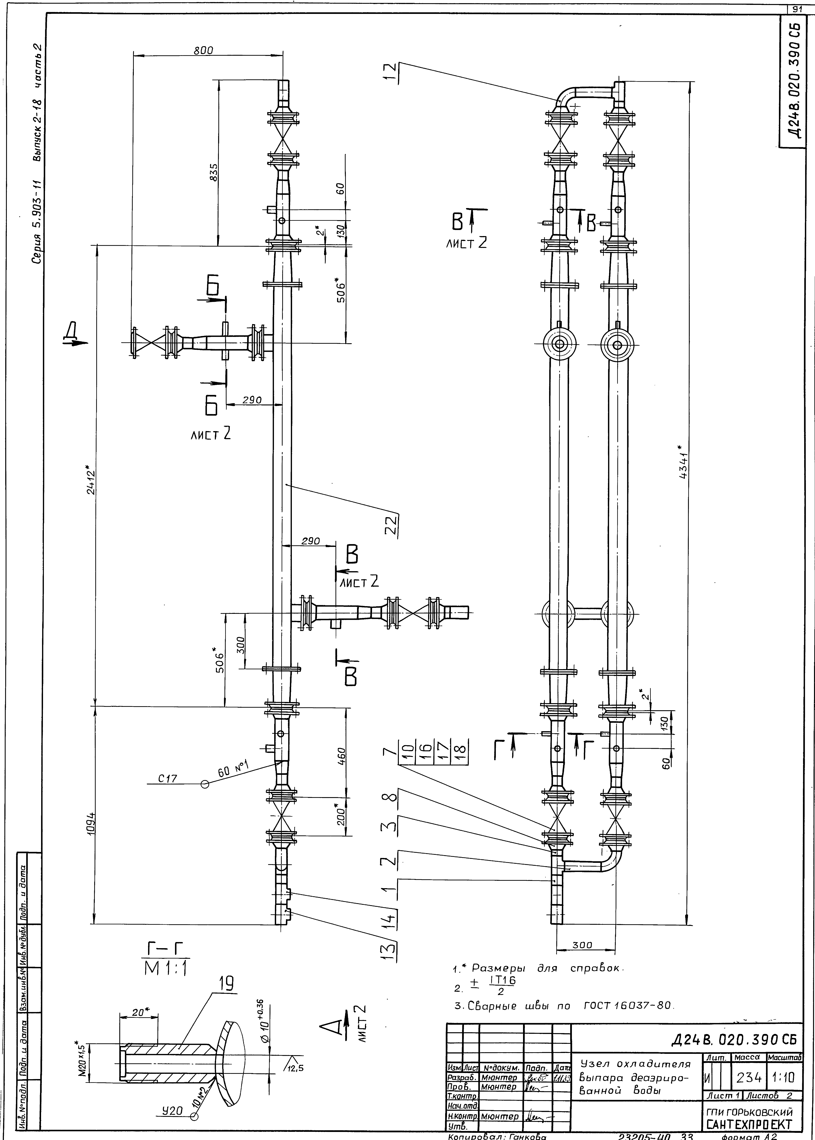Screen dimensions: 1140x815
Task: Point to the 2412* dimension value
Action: pos(90,482)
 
